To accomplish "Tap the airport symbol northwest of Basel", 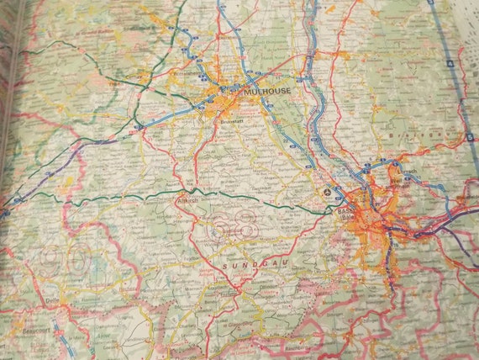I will [x=327, y=194].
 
